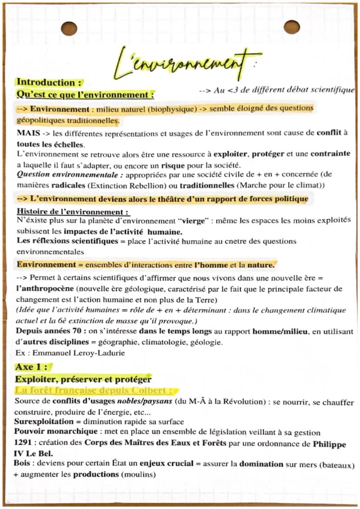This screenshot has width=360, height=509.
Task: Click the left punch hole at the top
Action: click(x=69, y=29)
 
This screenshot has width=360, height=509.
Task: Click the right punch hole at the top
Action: click(x=291, y=27)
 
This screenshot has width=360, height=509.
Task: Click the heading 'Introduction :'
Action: click(x=45, y=83)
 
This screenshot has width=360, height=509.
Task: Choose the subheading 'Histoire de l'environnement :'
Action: click(x=72, y=212)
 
